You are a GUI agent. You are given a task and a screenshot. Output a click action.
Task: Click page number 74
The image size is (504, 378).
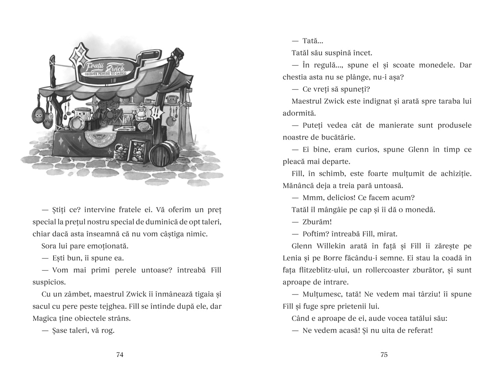(x=120, y=355)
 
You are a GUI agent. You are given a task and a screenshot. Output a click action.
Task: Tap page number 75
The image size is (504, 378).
(x=384, y=355)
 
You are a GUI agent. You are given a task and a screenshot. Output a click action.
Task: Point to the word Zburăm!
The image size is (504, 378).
(x=317, y=222)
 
